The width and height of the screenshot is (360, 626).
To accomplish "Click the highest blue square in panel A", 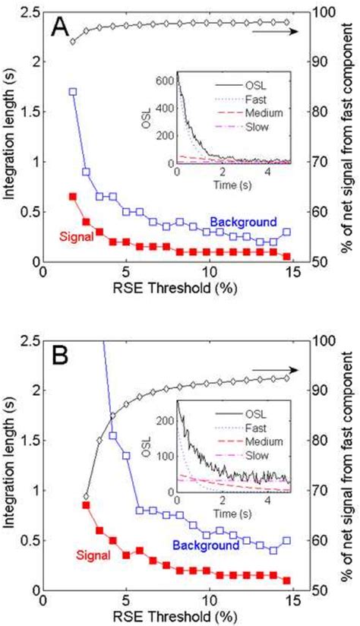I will coord(73,91).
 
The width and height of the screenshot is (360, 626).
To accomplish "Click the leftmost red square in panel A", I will coord(73,196).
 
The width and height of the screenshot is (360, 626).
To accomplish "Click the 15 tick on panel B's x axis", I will coord(291,598).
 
